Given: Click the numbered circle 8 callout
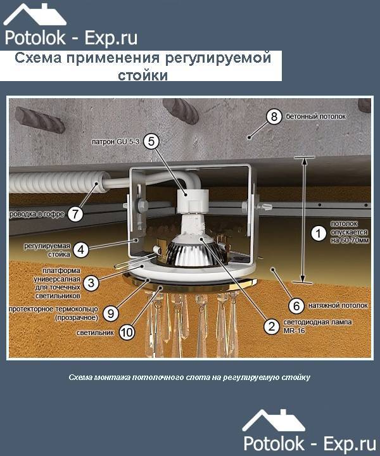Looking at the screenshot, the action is pyautogui.click(x=274, y=117).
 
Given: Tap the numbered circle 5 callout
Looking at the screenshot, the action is pyautogui.click(x=151, y=141).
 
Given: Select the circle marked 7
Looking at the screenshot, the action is pyautogui.click(x=75, y=214).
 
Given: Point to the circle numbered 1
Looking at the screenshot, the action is pyautogui.click(x=319, y=234).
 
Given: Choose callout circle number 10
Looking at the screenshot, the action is pyautogui.click(x=127, y=332).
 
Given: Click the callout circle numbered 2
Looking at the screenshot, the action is pyautogui.click(x=272, y=326).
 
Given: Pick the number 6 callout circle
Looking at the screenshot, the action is pyautogui.click(x=296, y=306).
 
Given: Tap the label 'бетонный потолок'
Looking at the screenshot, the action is pyautogui.click(x=316, y=117).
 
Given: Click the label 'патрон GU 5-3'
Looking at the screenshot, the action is pyautogui.click(x=115, y=142).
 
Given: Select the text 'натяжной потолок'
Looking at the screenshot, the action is pyautogui.click(x=338, y=306).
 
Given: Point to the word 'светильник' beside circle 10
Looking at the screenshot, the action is pyautogui.click(x=95, y=332).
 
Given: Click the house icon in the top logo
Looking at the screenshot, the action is pyautogui.click(x=35, y=15).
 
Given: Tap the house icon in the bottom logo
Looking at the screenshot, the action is pyautogui.click(x=274, y=421).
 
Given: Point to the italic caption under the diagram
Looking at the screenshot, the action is pyautogui.click(x=189, y=377).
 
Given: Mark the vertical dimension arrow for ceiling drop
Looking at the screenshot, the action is pyautogui.click(x=304, y=220).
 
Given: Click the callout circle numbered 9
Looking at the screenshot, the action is pyautogui.click(x=111, y=313).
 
